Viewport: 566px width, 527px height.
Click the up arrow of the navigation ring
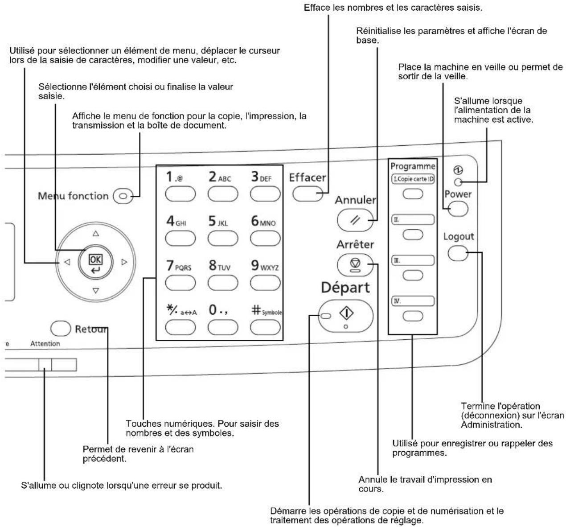click(96, 234)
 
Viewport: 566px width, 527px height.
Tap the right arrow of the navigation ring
click(124, 262)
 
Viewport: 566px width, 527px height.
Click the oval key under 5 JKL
click(223, 238)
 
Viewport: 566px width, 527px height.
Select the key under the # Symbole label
click(265, 327)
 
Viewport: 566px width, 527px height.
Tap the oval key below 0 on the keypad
click(223, 327)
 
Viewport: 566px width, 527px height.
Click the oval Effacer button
click(308, 194)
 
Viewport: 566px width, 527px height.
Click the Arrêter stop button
click(355, 265)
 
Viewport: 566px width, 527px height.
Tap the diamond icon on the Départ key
click(347, 313)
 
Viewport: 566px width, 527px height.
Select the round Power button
click(458, 209)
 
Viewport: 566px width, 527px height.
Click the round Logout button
click(458, 253)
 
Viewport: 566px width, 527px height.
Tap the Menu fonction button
click(123, 196)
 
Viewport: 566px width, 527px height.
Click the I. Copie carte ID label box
click(413, 179)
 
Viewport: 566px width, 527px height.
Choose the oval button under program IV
click(413, 316)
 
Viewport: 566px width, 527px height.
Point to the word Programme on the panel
click(413, 166)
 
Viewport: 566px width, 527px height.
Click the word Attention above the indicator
click(45, 344)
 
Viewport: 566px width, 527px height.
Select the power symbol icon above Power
click(458, 170)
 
